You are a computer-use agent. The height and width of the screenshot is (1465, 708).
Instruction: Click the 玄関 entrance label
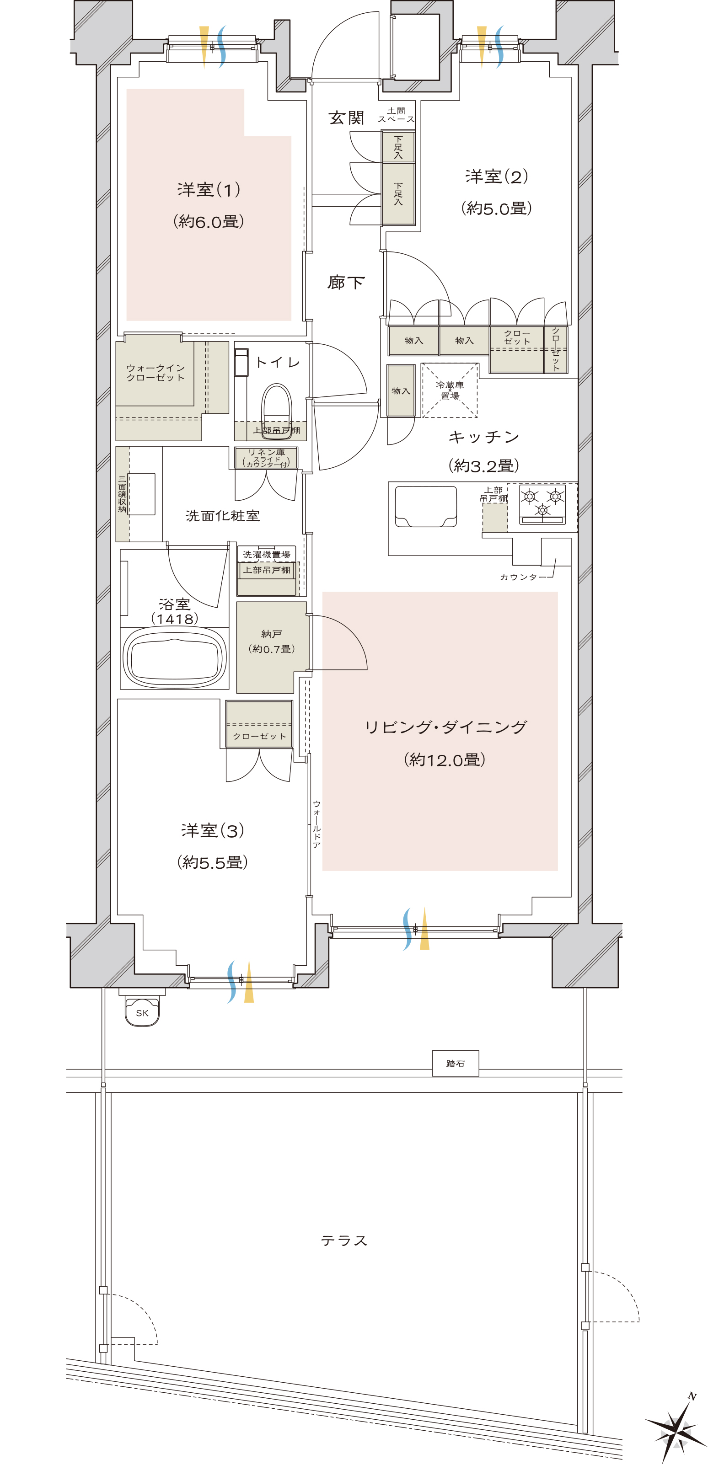click(x=346, y=118)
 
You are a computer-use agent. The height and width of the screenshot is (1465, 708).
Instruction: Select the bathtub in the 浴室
click(x=175, y=658)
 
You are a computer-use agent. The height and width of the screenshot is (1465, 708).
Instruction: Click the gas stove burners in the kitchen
click(x=542, y=503)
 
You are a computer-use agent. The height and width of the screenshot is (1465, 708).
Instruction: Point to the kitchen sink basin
click(x=426, y=507)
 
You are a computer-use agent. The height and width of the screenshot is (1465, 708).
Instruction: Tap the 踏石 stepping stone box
click(x=455, y=1063)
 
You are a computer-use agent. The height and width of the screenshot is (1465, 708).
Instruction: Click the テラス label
click(x=344, y=1240)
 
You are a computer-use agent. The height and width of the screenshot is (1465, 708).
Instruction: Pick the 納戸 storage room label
click(x=272, y=634)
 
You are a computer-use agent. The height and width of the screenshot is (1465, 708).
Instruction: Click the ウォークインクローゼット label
click(x=155, y=373)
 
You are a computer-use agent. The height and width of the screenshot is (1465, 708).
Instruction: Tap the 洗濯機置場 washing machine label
click(x=267, y=555)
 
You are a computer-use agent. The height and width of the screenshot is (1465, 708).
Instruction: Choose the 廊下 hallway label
click(x=346, y=283)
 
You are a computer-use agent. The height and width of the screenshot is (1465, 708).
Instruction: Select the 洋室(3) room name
click(x=213, y=830)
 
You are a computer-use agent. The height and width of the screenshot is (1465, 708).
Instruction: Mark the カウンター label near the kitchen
click(x=519, y=577)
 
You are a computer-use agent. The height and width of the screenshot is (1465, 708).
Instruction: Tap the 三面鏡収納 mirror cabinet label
click(x=122, y=494)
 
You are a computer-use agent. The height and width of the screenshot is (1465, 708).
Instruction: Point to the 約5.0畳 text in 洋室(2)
click(x=496, y=208)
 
